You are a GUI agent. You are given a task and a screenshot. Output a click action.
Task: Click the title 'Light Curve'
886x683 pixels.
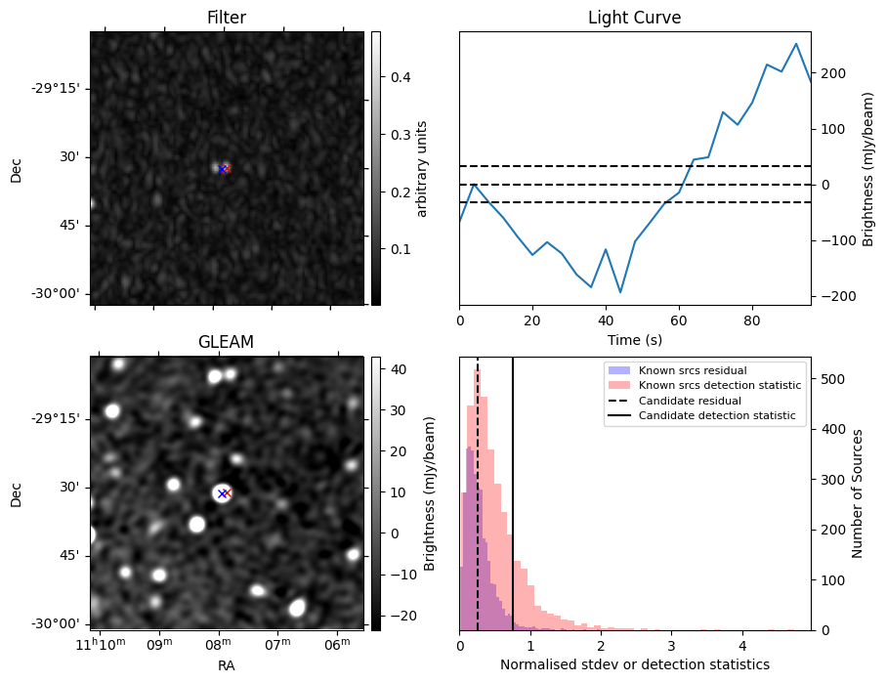(x=634, y=19)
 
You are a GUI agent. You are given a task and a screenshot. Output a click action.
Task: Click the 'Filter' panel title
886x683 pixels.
(x=227, y=19)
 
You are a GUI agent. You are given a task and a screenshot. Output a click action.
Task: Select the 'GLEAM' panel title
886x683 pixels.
(x=226, y=342)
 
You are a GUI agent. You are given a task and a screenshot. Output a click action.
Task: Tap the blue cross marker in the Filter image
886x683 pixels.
(x=223, y=169)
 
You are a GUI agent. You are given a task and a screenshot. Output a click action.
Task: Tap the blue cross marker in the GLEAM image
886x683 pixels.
(x=223, y=493)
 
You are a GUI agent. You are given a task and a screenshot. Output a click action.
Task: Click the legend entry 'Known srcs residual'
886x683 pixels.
(x=692, y=371)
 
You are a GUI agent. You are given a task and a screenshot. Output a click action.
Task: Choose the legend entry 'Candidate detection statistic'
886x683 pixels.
(x=716, y=416)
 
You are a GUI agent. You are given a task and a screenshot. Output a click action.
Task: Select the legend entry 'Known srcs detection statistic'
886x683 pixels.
(x=719, y=386)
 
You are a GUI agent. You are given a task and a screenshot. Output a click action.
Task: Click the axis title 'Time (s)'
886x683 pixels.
(x=634, y=339)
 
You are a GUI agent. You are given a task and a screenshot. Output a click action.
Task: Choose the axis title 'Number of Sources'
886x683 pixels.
(x=858, y=492)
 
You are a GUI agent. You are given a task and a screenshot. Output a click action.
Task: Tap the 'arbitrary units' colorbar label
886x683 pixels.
(x=422, y=168)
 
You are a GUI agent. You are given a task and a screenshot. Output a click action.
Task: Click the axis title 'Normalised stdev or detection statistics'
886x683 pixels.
(x=634, y=664)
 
